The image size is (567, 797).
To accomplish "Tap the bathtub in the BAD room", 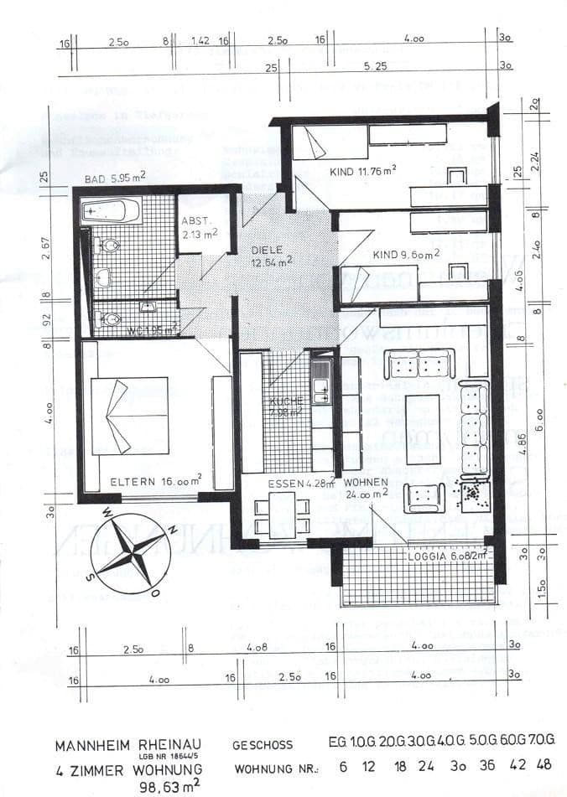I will click(x=110, y=210).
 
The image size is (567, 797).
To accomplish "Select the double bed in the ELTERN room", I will click(x=129, y=416).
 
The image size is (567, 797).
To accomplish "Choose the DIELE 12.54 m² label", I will click(x=272, y=256).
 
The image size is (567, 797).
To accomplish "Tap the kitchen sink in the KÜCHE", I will click(x=320, y=387).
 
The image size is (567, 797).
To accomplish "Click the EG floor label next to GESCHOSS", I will click(x=338, y=742).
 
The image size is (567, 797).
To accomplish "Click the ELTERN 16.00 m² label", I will click(x=155, y=481).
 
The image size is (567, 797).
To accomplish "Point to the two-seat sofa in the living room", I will click(x=419, y=364).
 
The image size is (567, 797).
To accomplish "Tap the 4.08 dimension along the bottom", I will click(x=257, y=646).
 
